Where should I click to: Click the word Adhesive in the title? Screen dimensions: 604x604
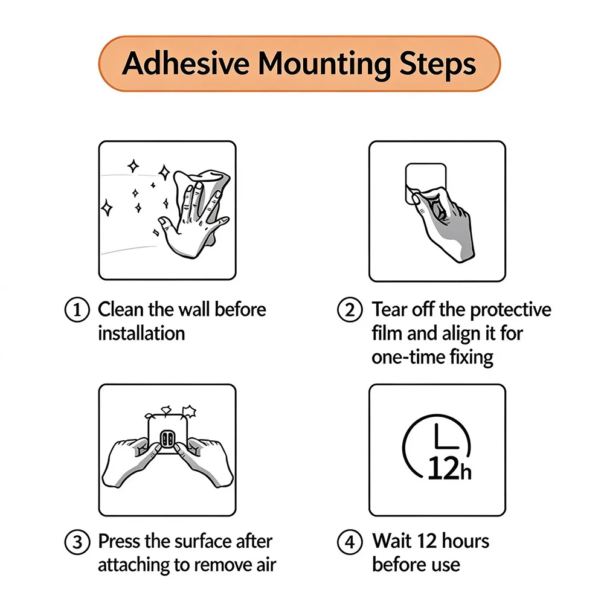pos(185,63)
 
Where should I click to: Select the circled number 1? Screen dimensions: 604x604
pos(77,310)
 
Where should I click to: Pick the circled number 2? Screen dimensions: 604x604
pos(350,310)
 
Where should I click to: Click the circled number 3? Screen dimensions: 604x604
pos(77,542)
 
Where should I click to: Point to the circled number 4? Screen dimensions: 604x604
pos(350,542)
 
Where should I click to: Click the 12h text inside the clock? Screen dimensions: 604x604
pos(450,469)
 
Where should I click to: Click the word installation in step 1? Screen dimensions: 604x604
pos(141,333)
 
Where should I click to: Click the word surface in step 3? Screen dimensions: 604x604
pos(203,541)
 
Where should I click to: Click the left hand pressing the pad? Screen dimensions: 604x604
pos(131,462)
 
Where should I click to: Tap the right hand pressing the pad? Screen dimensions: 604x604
pos(204,461)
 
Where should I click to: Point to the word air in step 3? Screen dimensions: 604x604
pos(266,565)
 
